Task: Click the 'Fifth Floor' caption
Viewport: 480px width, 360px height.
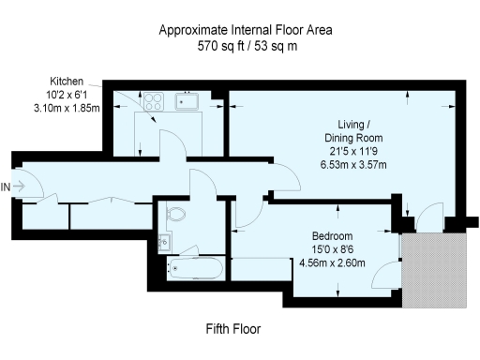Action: point(232,330)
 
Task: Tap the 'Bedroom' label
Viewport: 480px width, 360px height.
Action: point(335,237)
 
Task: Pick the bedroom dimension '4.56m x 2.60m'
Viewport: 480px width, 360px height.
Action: point(335,263)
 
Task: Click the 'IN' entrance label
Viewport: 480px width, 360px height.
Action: point(7,187)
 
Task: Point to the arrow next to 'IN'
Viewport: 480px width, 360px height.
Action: point(21,187)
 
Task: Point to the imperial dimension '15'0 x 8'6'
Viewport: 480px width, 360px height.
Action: point(335,250)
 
